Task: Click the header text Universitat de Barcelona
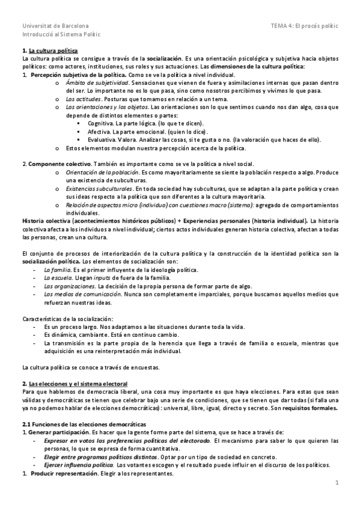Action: click(55, 26)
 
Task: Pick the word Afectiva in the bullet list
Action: click(99, 131)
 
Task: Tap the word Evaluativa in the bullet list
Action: click(101, 140)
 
